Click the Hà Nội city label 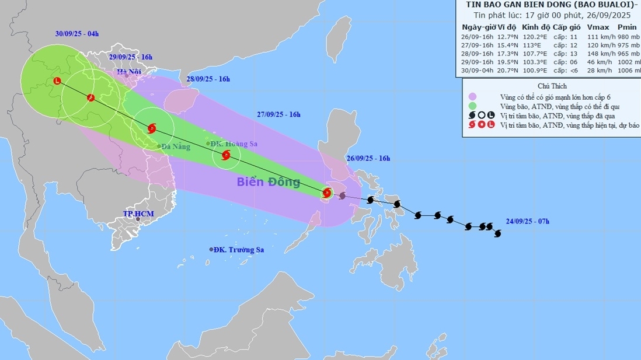(x=130, y=72)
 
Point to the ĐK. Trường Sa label (x=238, y=250)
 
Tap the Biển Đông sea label (x=268, y=182)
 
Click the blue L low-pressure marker (x=57, y=81)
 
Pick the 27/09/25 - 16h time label (x=278, y=114)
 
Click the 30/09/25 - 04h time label (x=77, y=34)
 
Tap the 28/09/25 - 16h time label (x=208, y=79)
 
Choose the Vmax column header (x=598, y=26)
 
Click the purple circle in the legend (x=472, y=96)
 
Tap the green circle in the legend (x=472, y=106)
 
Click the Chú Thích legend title (x=552, y=86)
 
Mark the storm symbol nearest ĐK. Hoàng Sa (x=227, y=155)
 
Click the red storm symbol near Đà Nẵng (x=152, y=128)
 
